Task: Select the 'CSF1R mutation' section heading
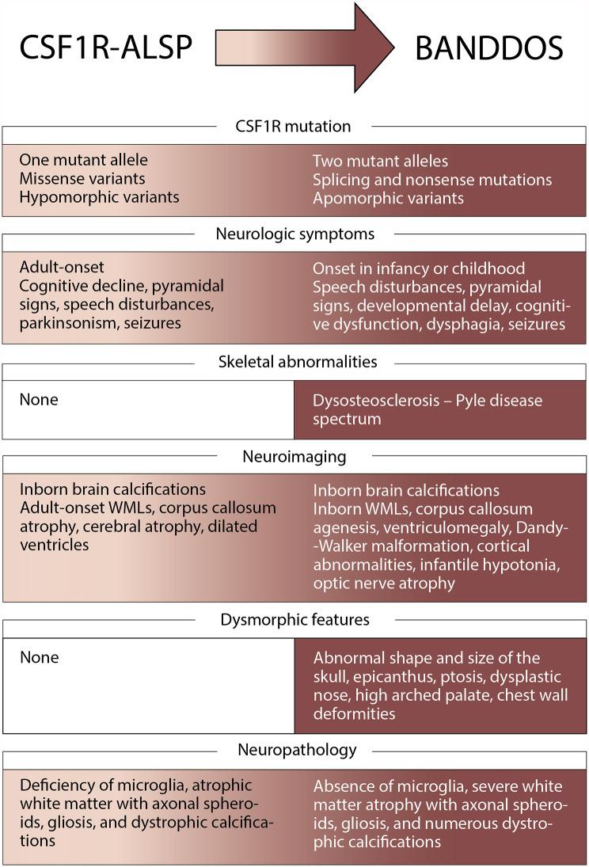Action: [x=293, y=126]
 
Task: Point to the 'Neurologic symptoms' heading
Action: [x=294, y=234]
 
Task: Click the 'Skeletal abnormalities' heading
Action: [x=298, y=362]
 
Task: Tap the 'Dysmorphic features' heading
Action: [x=294, y=619]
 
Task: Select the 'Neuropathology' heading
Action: [x=297, y=748]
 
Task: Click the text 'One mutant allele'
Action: [x=83, y=160]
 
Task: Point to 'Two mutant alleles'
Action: [x=380, y=162]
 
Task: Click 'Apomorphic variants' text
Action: [x=388, y=197]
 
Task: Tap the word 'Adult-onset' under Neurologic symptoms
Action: [x=62, y=268]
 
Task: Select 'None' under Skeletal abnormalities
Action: [x=39, y=399]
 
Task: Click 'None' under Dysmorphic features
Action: [x=39, y=657]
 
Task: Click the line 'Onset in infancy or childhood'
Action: [x=419, y=268]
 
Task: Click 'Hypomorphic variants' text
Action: [x=99, y=196]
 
